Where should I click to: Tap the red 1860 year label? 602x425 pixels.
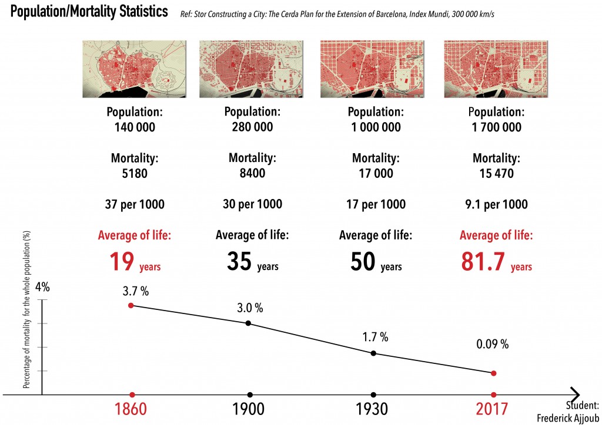pos(132,409)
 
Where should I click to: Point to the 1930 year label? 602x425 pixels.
pos(373,409)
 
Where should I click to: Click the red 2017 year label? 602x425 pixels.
pos(493,409)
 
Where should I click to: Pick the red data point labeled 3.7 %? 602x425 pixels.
pos(131,305)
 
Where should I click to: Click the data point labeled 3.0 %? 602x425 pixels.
pos(249,323)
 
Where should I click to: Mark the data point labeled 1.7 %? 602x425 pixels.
pos(373,353)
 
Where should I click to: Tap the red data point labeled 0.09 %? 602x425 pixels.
pos(493,373)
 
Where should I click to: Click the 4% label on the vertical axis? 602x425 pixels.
pos(43,288)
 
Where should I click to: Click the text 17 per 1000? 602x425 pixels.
pos(376,204)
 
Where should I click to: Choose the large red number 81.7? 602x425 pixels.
pos(484,261)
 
